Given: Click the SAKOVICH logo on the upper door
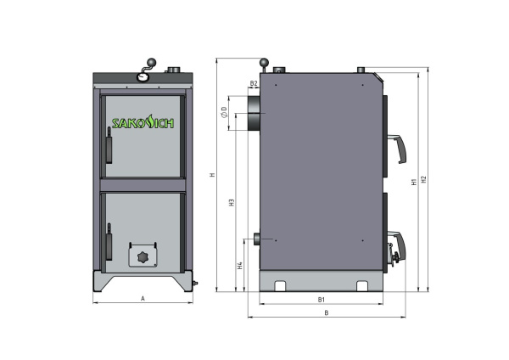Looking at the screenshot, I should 143,122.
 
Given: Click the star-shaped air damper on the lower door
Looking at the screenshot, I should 142,256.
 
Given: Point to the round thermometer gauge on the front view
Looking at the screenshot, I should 142,76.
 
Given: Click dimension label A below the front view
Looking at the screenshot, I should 143,299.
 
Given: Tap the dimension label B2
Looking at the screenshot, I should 254,83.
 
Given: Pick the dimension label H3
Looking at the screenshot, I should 232,204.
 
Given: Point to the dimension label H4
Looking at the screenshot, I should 240,265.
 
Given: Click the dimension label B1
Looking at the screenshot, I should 322,300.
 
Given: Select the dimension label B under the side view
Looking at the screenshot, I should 327,312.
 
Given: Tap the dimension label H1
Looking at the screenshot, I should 412,181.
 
